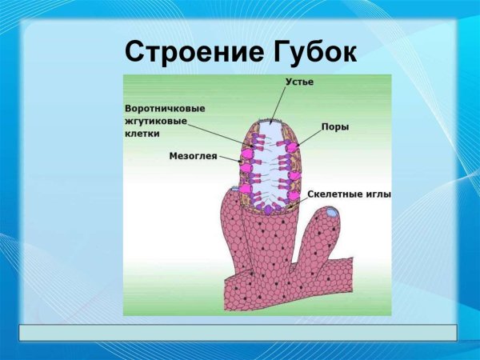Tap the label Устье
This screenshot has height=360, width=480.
[x=300, y=82]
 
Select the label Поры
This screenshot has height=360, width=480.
[x=334, y=127]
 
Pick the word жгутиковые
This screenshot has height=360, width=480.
[x=156, y=122]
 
